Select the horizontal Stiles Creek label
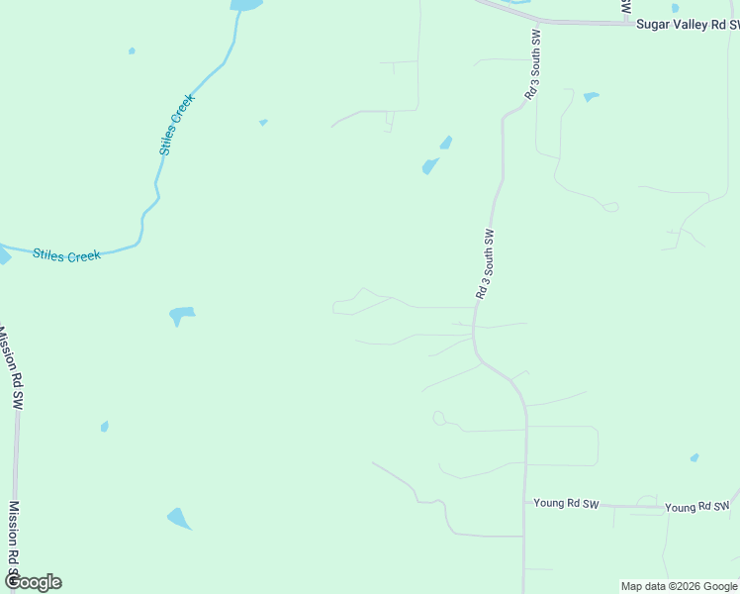tap(67, 255)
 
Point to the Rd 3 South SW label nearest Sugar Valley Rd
tap(532, 63)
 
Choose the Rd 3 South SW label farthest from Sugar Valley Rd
tap(484, 264)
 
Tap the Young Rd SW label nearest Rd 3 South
tap(566, 504)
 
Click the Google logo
tap(33, 582)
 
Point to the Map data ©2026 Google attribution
tap(679, 586)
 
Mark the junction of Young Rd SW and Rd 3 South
tap(524, 502)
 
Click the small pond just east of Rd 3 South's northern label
tap(591, 97)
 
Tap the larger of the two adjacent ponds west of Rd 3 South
tap(429, 166)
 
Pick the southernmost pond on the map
tap(179, 518)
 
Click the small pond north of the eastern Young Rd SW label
tap(694, 457)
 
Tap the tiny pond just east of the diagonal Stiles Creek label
tap(263, 122)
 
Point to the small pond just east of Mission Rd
tap(104, 427)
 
